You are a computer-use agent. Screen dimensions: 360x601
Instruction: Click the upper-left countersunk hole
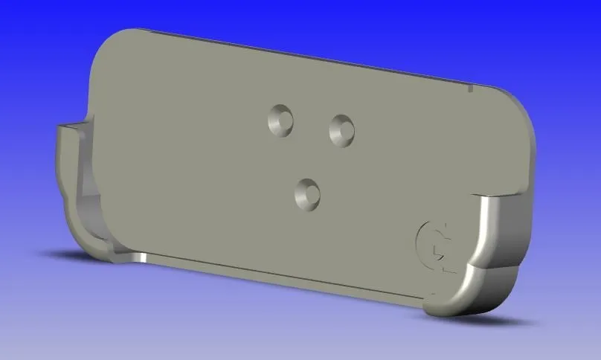pos(281,120)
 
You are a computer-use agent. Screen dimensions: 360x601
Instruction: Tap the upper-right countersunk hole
pos(342,129)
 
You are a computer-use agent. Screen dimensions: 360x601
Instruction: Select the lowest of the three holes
pos(306,193)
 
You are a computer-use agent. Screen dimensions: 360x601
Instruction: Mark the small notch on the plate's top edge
pos(471,89)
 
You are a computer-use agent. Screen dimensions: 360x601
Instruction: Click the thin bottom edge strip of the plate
pos(298,281)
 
